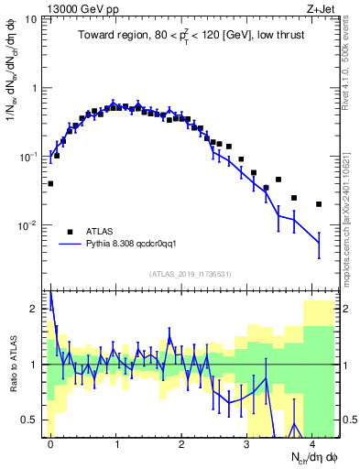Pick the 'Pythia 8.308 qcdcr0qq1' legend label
coord(136,245)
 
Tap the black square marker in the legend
coord(70,232)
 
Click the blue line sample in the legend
coord(70,245)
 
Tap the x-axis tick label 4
coord(311,442)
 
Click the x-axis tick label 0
coord(50,442)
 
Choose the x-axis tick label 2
coord(181,442)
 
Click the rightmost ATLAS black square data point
coord(319,204)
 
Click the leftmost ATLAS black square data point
coord(50,183)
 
